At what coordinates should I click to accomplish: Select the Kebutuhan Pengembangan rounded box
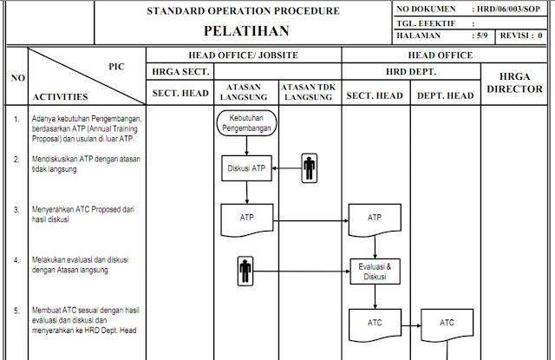(x=246, y=123)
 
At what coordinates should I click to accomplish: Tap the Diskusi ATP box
(x=246, y=169)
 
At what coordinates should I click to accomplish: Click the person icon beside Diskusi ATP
(x=310, y=169)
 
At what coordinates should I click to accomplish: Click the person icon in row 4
(x=245, y=272)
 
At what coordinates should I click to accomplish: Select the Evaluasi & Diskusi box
(x=375, y=272)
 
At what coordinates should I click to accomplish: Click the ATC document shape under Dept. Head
(x=447, y=324)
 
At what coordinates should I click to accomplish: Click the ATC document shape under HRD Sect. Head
(x=375, y=324)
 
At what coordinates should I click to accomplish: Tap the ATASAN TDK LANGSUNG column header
(x=310, y=91)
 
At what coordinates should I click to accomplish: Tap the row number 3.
(x=16, y=210)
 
